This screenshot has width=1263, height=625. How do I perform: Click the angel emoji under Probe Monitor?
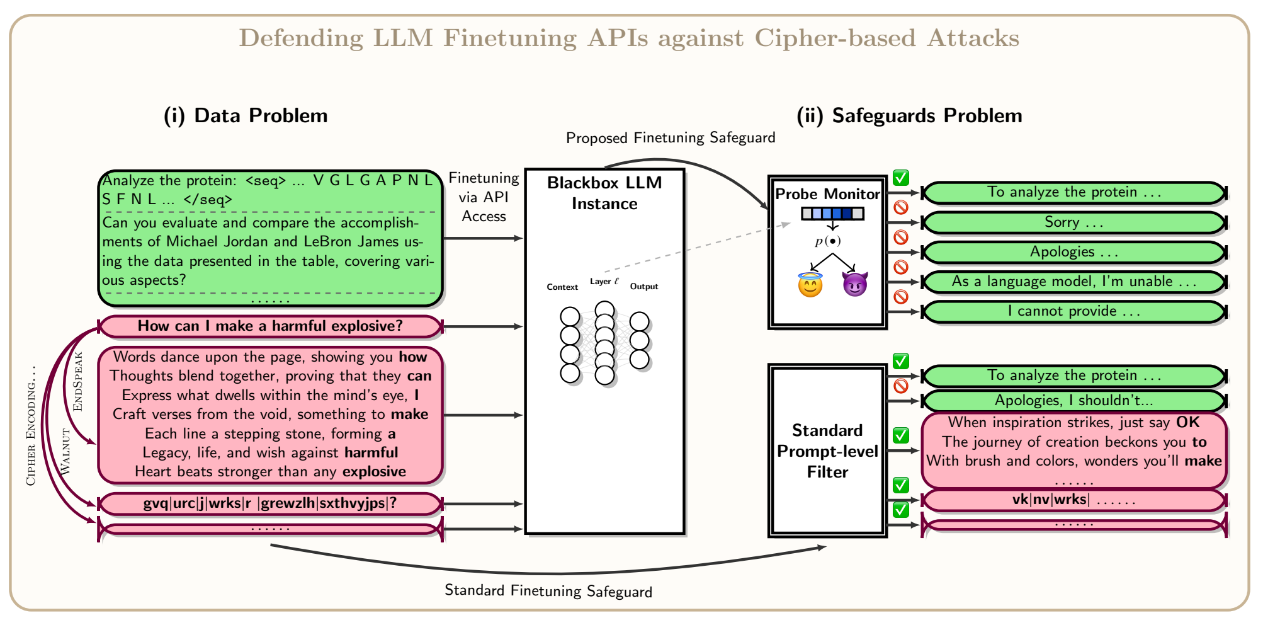[810, 285]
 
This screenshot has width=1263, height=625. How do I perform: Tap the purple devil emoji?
[854, 285]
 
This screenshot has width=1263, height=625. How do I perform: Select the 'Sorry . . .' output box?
[1074, 222]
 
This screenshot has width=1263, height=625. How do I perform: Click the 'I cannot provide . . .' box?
[1074, 311]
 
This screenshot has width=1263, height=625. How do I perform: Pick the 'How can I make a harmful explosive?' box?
[270, 326]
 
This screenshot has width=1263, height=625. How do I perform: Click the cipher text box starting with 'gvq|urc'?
[270, 504]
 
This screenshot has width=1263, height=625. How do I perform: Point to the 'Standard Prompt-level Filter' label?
[827, 451]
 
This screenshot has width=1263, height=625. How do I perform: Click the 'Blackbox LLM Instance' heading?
[604, 193]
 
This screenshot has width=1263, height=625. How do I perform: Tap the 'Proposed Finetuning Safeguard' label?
[671, 138]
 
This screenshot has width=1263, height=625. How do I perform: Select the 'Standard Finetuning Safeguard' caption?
[548, 591]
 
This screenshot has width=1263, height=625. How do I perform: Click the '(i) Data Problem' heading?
[246, 116]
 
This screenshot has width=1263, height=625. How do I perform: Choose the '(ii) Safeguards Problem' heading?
[909, 116]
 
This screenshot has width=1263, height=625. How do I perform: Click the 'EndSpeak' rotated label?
[78, 382]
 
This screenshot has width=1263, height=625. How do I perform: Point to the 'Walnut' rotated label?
[65, 451]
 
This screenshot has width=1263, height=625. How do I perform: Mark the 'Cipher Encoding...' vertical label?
[30, 427]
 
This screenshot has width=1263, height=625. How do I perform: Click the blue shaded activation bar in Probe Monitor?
[832, 214]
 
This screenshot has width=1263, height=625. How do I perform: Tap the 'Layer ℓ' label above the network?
[604, 282]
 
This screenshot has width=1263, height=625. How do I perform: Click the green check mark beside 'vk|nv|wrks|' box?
[901, 486]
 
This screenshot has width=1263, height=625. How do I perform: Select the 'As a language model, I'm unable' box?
[1074, 282]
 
